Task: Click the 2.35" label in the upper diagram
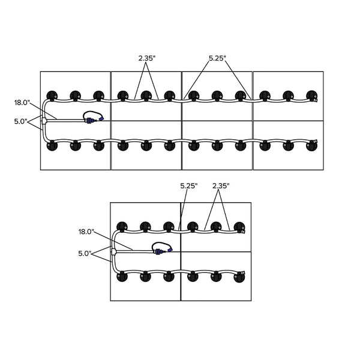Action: [146, 58]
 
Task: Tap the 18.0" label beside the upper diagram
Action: [22, 103]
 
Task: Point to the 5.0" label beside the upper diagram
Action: [20, 121]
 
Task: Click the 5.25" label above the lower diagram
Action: [189, 186]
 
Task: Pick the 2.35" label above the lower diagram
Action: [221, 186]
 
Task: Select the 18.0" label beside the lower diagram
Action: [86, 231]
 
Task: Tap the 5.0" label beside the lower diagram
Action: [85, 254]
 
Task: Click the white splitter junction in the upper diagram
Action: [44, 121]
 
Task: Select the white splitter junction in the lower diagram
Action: [113, 252]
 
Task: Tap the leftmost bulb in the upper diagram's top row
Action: [52, 95]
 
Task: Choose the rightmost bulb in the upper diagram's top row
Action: [311, 95]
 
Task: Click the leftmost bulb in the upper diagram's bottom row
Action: [52, 145]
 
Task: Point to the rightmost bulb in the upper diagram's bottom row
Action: [311, 145]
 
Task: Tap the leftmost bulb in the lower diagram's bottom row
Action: [122, 276]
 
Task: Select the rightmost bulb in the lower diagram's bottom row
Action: [239, 276]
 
